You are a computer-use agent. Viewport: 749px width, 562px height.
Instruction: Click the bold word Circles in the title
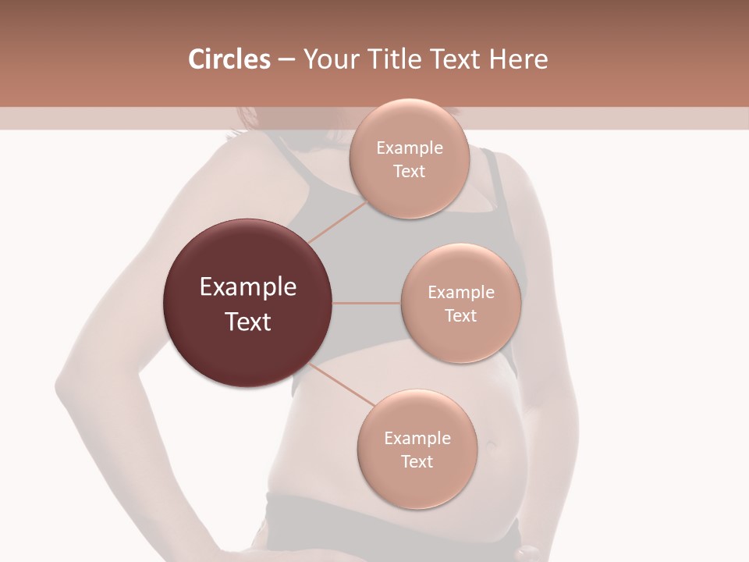229,59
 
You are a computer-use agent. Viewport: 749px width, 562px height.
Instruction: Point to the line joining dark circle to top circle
337,221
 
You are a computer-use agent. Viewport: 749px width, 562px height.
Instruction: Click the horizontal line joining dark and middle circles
366,303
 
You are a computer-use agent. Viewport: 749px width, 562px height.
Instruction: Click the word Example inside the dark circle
248,287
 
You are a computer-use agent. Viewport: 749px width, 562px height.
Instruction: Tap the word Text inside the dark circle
248,322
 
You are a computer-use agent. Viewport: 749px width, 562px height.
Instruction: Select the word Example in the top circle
410,148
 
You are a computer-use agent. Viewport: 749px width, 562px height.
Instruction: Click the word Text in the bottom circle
417,462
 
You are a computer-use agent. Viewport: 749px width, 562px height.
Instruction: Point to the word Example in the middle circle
461,293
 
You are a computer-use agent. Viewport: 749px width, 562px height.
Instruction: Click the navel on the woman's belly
492,446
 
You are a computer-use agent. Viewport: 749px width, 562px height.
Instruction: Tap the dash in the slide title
286,60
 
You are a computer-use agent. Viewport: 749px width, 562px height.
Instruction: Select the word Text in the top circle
409,172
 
